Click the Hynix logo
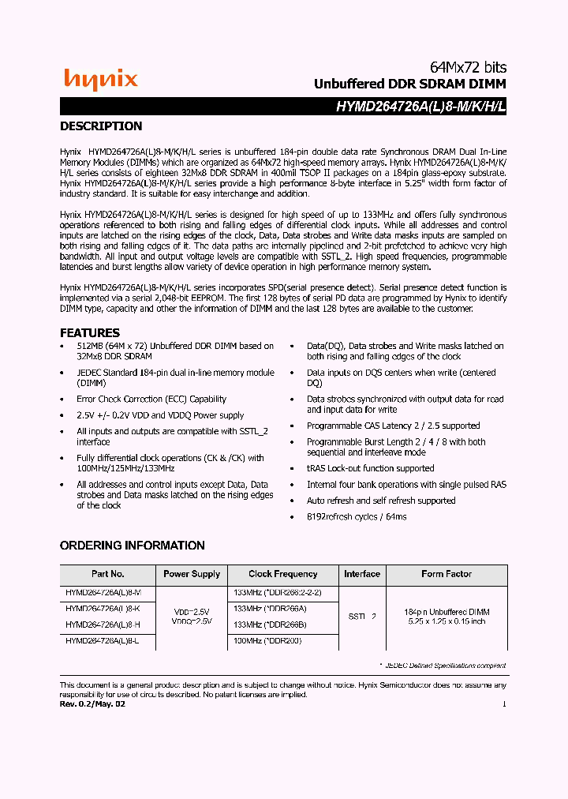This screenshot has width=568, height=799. click(x=101, y=79)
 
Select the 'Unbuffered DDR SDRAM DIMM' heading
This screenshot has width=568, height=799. click(x=409, y=84)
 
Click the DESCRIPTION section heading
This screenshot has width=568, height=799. click(x=101, y=126)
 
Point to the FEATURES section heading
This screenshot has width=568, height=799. click(x=90, y=332)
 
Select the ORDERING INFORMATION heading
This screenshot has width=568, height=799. click(x=133, y=546)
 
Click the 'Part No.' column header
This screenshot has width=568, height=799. click(x=107, y=574)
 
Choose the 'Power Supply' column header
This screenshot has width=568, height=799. click(x=192, y=574)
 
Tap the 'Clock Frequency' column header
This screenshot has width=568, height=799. click(x=282, y=574)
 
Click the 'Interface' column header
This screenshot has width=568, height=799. click(x=362, y=574)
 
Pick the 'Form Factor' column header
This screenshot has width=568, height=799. click(x=447, y=574)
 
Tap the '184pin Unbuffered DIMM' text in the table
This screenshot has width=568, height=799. click(x=447, y=612)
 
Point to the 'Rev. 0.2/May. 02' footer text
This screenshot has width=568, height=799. click(x=92, y=703)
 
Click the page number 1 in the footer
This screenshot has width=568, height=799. click(x=504, y=703)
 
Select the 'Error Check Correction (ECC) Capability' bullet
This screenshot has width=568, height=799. click(x=151, y=399)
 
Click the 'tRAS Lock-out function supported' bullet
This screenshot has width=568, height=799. click(x=370, y=468)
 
